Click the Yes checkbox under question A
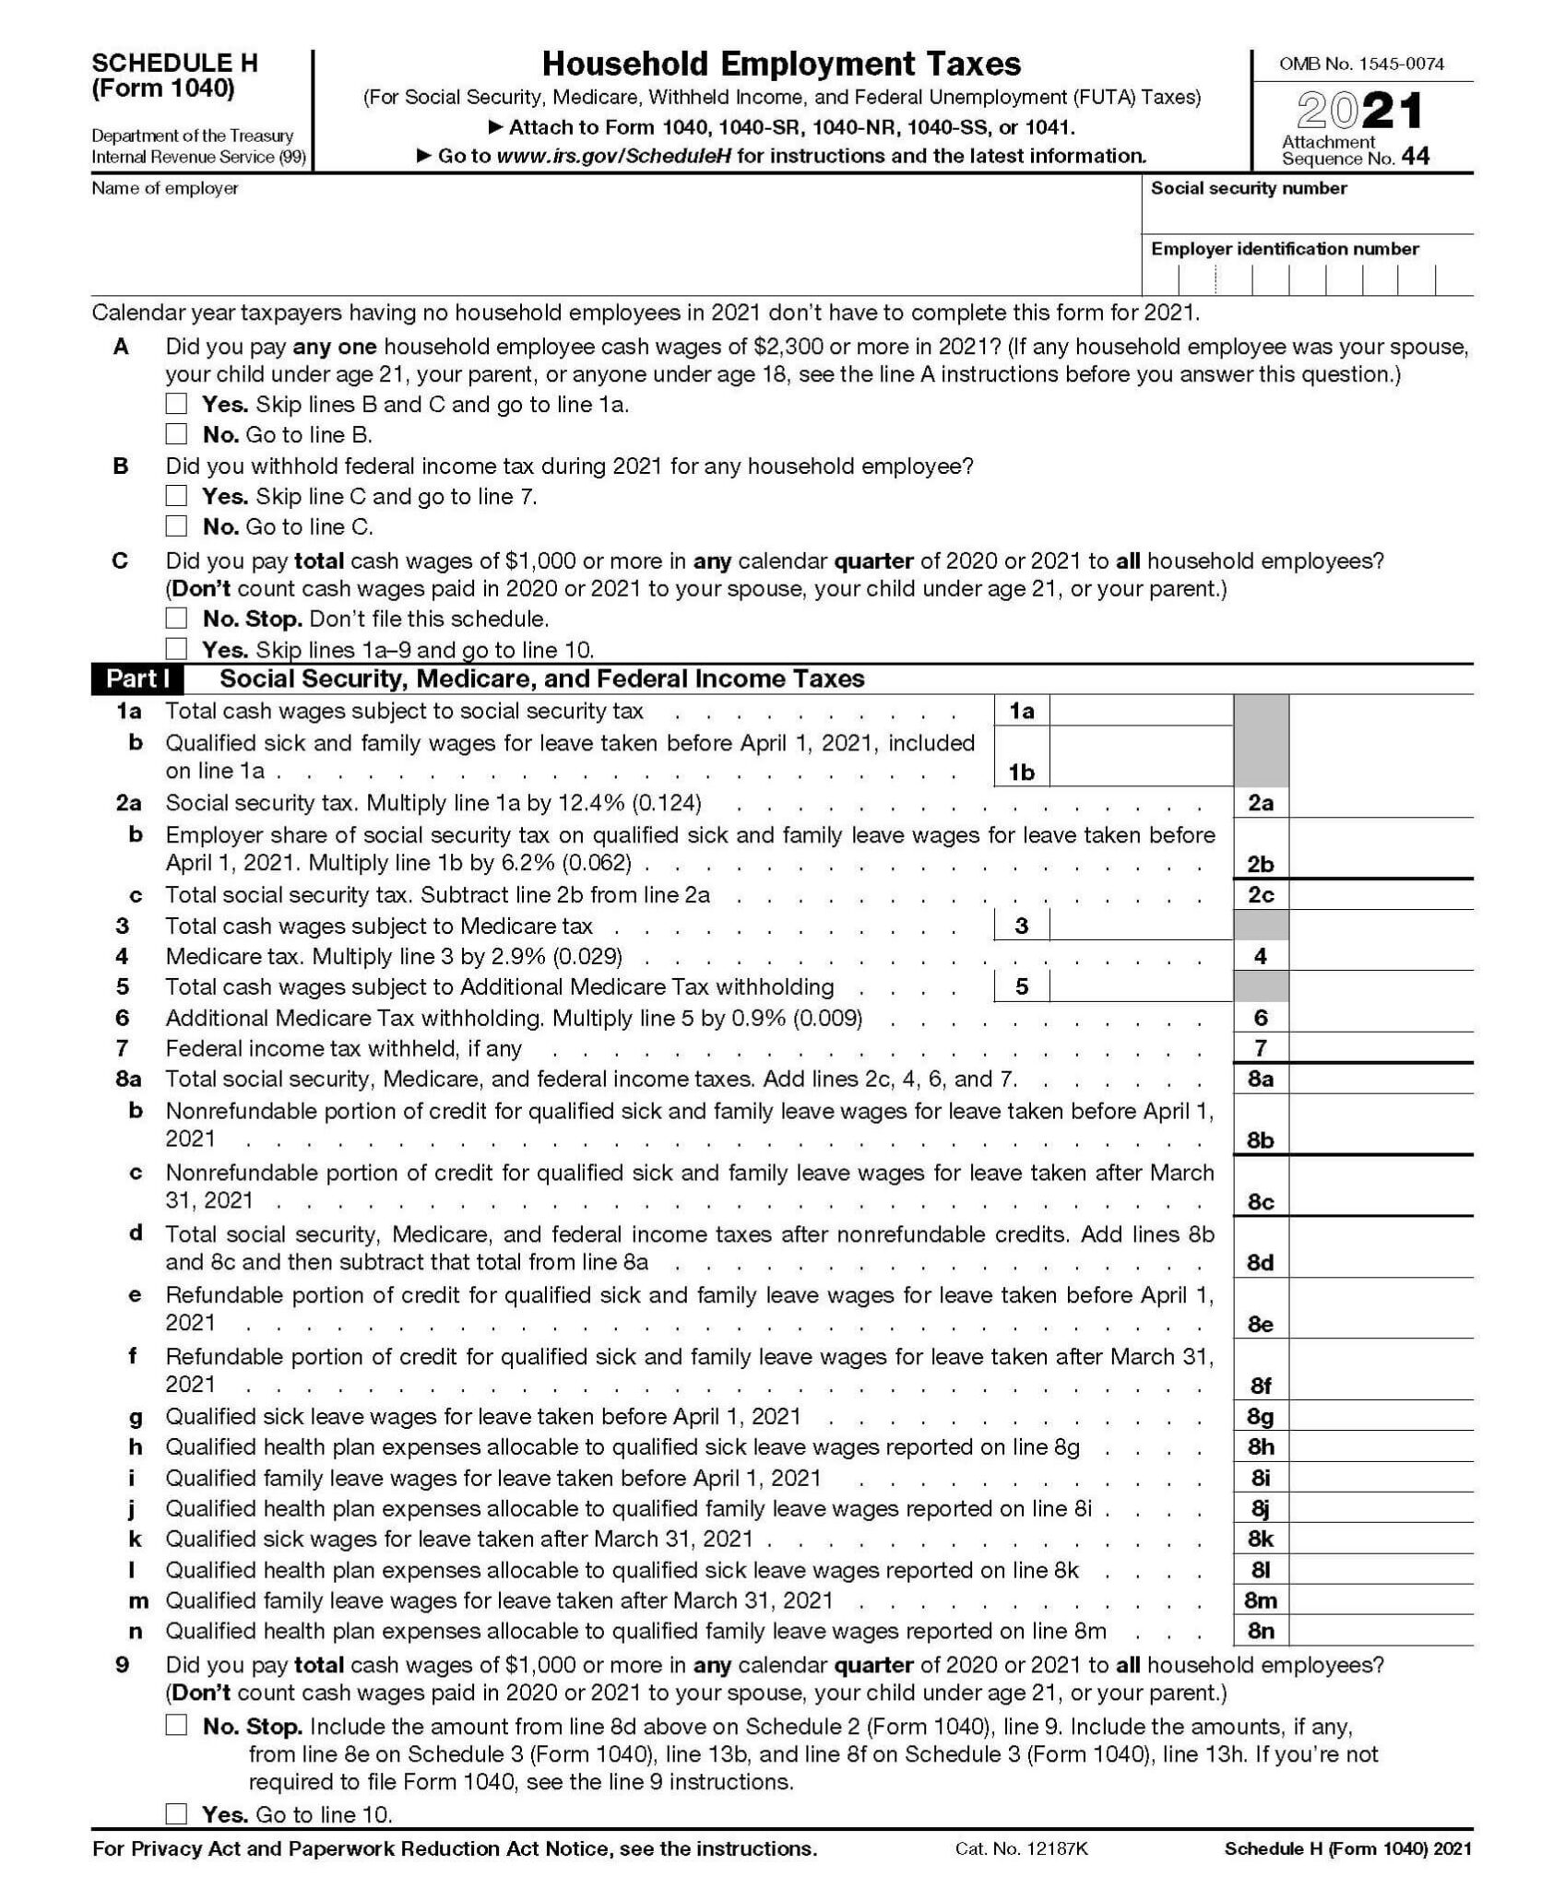176,404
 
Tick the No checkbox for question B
176,526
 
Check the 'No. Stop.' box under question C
176,619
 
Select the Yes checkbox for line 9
176,1814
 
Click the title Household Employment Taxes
780,64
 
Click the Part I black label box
137,679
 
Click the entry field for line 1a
1140,711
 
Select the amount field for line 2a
1380,803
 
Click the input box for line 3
1140,926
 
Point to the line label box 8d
1260,1261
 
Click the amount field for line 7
1380,1048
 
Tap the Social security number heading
1248,188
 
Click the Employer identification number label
1284,249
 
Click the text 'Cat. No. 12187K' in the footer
1022,1848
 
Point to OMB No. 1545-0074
1361,64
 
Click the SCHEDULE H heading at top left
174,64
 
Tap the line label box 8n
1260,1631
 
